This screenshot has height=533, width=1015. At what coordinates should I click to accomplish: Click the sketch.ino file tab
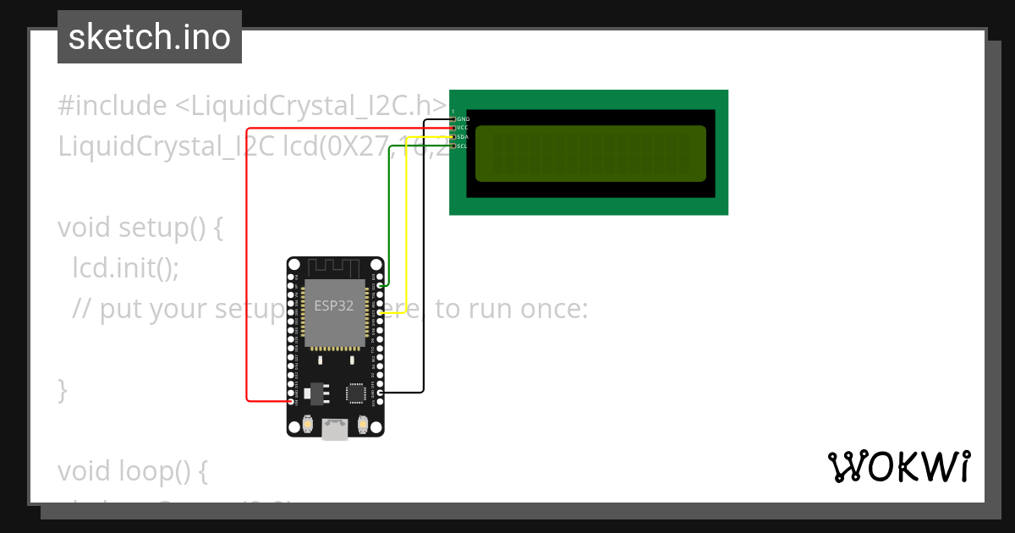[x=149, y=37]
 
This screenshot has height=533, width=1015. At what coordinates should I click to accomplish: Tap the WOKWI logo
[x=898, y=466]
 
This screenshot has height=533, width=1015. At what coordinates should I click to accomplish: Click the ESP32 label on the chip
[x=334, y=306]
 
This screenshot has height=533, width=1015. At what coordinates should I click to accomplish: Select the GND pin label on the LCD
[x=463, y=118]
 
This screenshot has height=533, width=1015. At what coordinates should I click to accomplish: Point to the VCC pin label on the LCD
[x=463, y=128]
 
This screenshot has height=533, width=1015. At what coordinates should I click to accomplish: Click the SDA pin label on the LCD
[x=463, y=137]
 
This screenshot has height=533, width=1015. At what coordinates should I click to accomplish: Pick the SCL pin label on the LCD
[x=463, y=146]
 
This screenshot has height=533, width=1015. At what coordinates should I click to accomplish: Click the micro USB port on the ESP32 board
[x=335, y=431]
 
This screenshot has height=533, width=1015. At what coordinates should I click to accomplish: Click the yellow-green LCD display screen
[x=590, y=153]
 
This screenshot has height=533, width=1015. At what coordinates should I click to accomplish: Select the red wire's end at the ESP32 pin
[x=292, y=401]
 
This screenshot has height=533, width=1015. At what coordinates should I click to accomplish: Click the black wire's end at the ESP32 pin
[x=380, y=393]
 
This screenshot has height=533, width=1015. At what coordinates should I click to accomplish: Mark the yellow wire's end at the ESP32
[x=380, y=313]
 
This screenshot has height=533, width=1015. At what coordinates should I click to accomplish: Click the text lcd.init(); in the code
[x=125, y=268]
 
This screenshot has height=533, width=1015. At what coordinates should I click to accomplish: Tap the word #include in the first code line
[x=112, y=106]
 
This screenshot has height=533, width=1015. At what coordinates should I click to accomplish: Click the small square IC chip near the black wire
[x=356, y=393]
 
